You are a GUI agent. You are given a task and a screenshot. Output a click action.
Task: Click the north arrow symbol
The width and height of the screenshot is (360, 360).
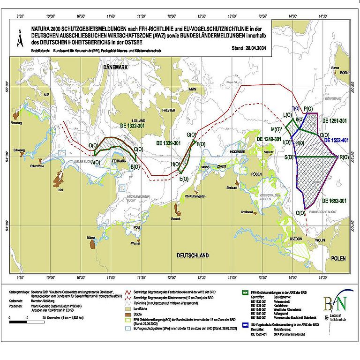tap(20, 39)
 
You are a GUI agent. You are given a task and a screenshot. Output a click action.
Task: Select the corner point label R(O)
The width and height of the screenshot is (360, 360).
tap(344, 157)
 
